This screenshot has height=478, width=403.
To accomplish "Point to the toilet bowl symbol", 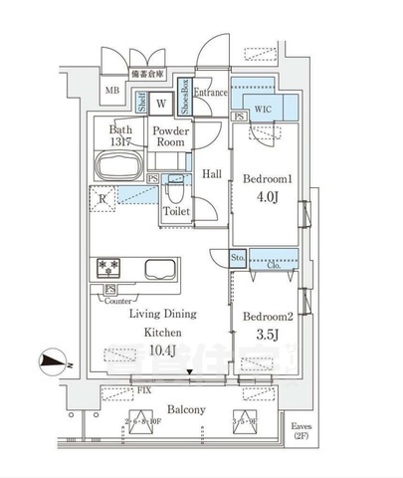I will (x=174, y=189).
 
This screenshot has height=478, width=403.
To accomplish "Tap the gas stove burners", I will (x=107, y=268).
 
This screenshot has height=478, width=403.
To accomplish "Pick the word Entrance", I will (x=211, y=93).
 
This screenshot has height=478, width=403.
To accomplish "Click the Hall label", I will (x=211, y=174).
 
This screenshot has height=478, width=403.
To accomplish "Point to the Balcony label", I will (x=186, y=409).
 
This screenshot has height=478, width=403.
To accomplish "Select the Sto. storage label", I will (x=239, y=258).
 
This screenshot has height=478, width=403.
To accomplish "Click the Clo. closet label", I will (x=273, y=265).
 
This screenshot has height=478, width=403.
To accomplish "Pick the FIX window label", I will (x=145, y=391).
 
